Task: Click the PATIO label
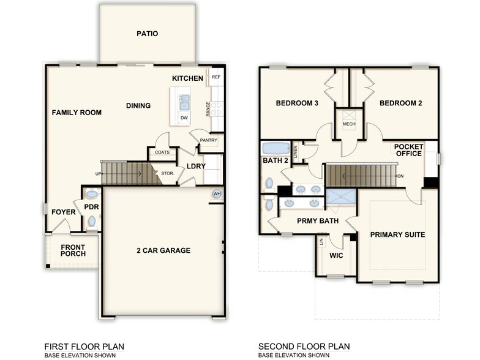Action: click(147, 34)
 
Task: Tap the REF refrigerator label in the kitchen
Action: click(216, 78)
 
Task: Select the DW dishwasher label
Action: click(184, 118)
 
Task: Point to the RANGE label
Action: click(209, 109)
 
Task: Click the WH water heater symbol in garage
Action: click(217, 194)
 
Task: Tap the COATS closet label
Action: click(162, 152)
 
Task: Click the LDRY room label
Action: click(196, 166)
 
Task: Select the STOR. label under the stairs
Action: click(167, 173)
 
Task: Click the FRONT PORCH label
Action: click(73, 250)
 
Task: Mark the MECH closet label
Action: click(349, 124)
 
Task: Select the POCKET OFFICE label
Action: click(408, 150)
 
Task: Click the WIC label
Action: click(336, 255)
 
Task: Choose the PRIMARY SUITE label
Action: click(397, 234)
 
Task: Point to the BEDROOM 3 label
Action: click(297, 103)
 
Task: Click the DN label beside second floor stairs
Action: click(400, 176)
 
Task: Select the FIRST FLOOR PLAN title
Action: click(84, 347)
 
